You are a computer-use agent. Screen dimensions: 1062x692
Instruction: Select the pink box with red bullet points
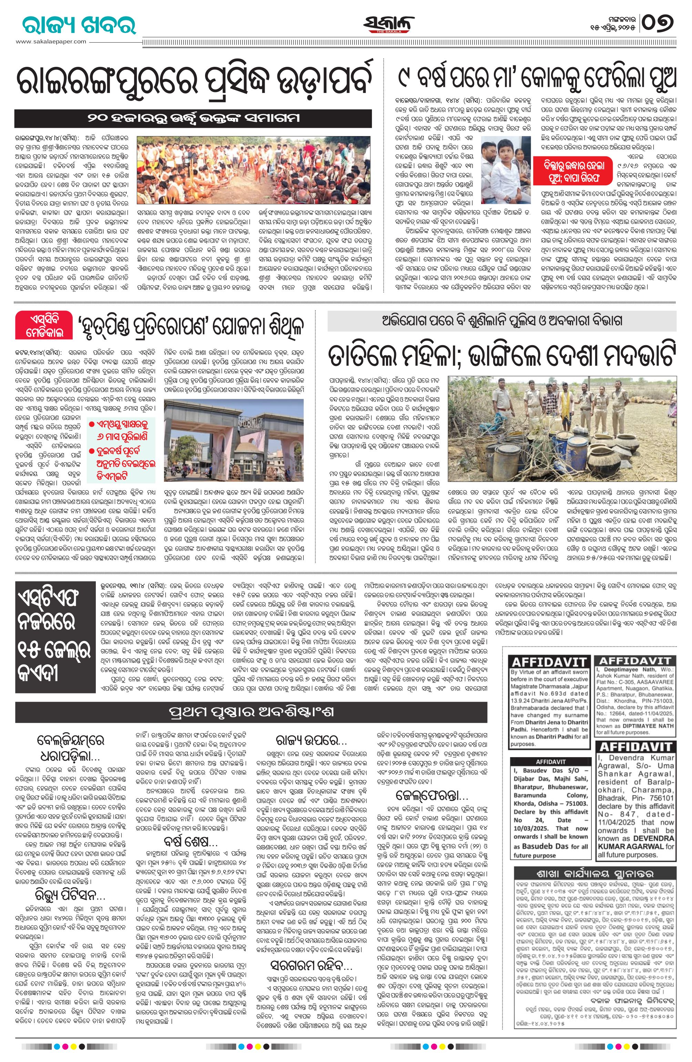[121, 451]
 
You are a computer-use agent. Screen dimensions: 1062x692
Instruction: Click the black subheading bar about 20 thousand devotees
[193, 118]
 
